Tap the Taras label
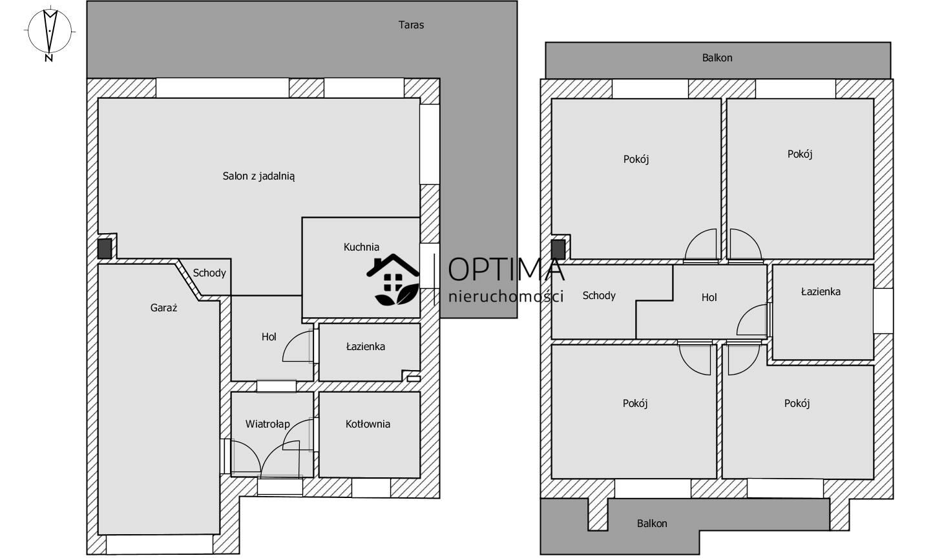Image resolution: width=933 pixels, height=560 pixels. (411, 25)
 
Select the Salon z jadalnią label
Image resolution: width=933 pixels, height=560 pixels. (258, 176)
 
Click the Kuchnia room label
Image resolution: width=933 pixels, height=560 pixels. (361, 247)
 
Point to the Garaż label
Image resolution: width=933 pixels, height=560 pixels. (163, 307)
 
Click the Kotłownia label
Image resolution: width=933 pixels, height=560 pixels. (368, 424)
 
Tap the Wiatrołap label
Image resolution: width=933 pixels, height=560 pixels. (267, 424)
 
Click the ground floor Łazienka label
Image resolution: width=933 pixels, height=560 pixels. (366, 346)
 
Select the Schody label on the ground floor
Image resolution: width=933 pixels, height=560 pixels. (209, 273)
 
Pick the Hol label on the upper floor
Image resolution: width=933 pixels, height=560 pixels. (709, 297)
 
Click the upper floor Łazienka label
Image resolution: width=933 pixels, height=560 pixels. (821, 291)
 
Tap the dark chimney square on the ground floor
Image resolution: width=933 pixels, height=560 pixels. (105, 249)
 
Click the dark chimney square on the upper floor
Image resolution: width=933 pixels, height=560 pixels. (558, 249)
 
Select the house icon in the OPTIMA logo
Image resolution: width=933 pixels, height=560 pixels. (393, 279)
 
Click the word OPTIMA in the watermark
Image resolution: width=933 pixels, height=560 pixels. (506, 270)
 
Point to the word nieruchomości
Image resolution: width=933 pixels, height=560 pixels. (506, 296)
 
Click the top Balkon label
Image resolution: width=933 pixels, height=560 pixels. (717, 58)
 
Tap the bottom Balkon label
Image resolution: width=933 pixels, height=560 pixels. (652, 523)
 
